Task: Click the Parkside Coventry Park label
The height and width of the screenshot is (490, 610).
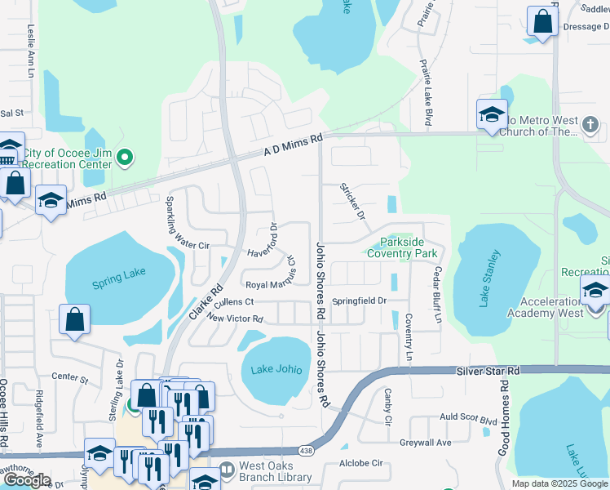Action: pos(402,247)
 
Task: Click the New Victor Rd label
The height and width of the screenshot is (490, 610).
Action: pos(235,318)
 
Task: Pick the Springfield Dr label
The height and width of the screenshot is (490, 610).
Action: pos(358,301)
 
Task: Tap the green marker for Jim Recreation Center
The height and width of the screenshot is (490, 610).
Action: pos(125,157)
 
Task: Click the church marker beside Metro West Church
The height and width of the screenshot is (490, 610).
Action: pos(591,125)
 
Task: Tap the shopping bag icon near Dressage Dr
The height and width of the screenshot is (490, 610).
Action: pos(542,22)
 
